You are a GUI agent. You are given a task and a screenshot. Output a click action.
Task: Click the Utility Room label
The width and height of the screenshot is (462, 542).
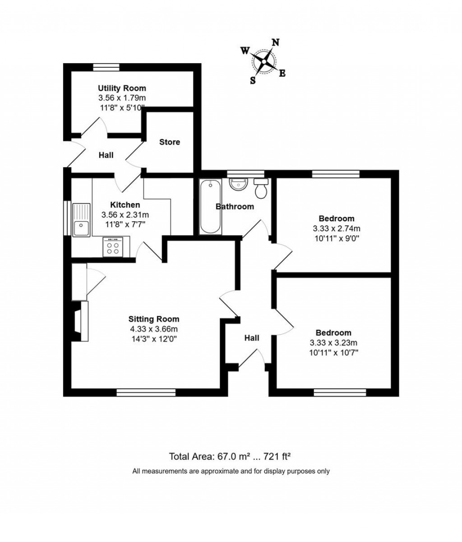click(x=122, y=88)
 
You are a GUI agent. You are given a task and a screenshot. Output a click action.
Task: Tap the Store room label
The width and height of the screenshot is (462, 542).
click(x=170, y=142)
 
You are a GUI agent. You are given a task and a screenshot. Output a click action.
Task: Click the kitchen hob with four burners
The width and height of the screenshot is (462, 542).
click(x=112, y=247)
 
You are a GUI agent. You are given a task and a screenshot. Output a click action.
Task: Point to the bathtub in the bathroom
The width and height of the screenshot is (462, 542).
click(x=210, y=206)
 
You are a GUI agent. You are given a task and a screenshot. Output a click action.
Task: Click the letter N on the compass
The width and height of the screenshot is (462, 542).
click(x=275, y=42)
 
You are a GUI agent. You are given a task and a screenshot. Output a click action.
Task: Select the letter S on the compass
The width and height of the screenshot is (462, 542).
click(x=253, y=80)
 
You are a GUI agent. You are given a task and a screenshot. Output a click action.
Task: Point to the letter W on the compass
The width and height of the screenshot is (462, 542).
click(x=245, y=51)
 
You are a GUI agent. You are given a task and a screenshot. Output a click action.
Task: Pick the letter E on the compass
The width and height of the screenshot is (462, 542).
click(x=282, y=73)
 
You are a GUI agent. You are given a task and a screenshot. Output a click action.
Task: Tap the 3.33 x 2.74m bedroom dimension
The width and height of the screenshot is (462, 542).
click(x=336, y=228)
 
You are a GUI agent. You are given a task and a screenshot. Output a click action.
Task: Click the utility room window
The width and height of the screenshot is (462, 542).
click(x=106, y=67)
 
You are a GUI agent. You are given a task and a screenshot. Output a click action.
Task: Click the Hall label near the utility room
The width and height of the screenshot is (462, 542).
click(x=106, y=155)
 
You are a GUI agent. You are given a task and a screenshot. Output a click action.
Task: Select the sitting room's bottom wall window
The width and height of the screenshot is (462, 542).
click(x=146, y=392)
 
